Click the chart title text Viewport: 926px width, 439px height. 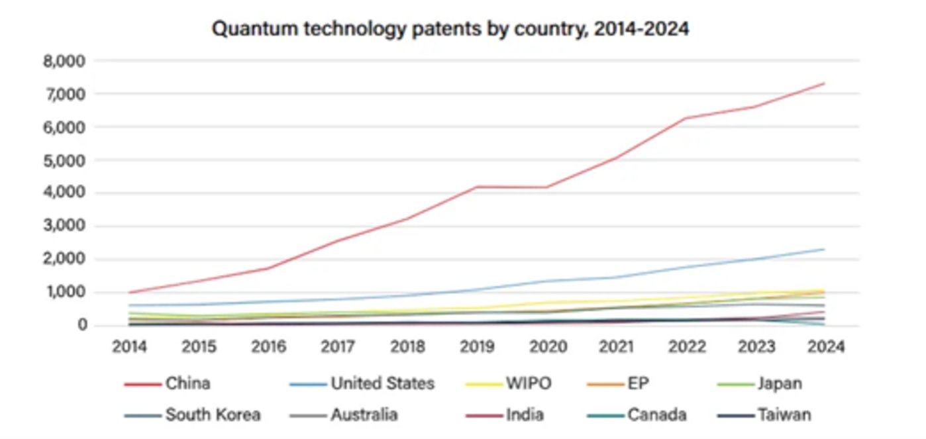click(x=450, y=29)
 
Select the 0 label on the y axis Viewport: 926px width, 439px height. click(x=81, y=325)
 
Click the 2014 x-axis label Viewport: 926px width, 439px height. click(x=129, y=347)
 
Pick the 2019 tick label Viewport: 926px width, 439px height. click(x=476, y=347)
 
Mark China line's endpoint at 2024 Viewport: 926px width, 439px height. click(x=823, y=83)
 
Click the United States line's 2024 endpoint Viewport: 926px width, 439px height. click(x=823, y=249)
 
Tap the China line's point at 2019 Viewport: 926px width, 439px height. click(x=476, y=187)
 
